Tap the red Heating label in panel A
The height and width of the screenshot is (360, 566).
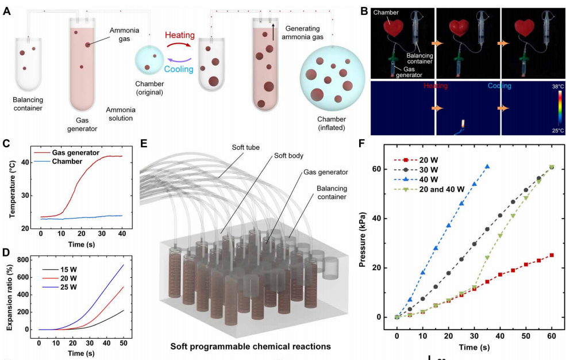[x=179, y=35]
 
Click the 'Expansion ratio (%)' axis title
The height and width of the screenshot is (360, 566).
[x=9, y=298]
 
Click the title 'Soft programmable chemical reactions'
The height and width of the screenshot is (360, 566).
[x=250, y=347]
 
